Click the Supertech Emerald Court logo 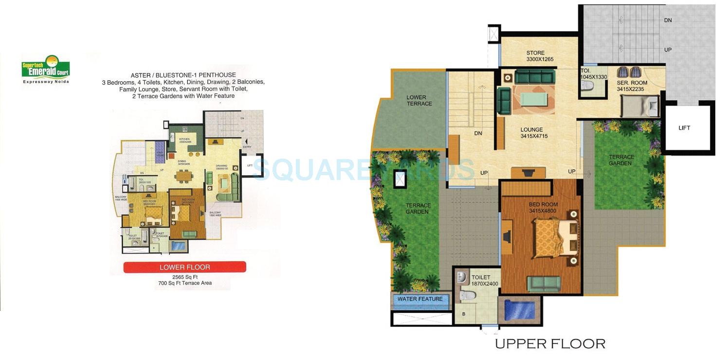coord(46,69)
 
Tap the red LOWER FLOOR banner coord(184,267)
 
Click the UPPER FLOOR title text coord(550,344)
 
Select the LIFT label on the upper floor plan coord(684,128)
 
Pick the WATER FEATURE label coord(420,299)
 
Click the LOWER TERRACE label coord(419,101)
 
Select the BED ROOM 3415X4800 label coord(543,208)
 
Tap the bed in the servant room coord(639,106)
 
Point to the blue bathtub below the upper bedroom coord(519,310)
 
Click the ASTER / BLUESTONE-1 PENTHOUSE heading coord(183,75)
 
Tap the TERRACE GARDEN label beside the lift coord(621,160)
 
